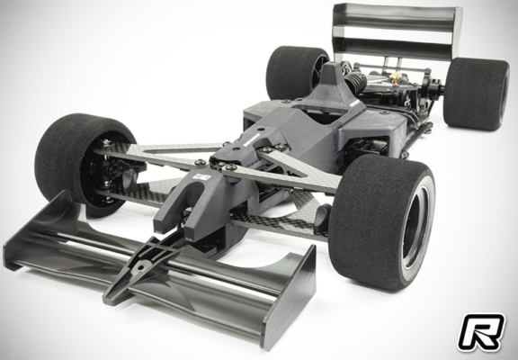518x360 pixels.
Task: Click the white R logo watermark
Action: click(x=483, y=331)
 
